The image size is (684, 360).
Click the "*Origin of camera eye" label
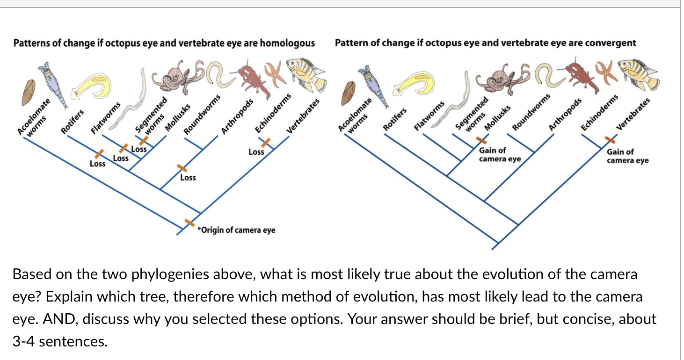(237, 230)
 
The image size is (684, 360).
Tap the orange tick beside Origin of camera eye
(189, 223)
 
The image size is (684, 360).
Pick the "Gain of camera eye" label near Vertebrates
(627, 156)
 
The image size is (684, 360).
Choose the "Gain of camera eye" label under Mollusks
(499, 155)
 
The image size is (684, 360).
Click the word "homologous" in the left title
(287, 43)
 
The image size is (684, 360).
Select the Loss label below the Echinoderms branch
(256, 151)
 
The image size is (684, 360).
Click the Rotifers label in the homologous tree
(73, 121)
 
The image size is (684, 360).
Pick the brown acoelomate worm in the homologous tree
(29, 93)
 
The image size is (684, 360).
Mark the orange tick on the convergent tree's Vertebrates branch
(610, 139)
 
